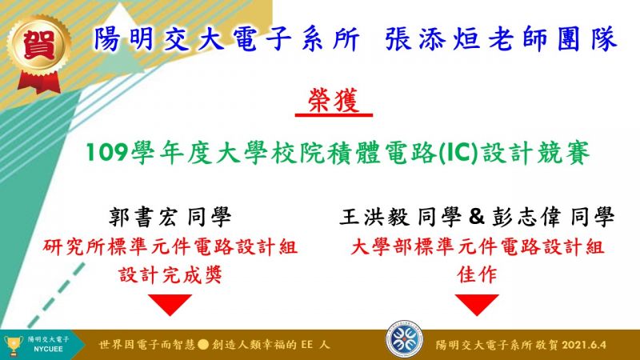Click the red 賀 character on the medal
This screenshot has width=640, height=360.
click(38, 45)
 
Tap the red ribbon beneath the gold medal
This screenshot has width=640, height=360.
click(39, 82)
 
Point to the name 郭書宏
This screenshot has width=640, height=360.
click(143, 217)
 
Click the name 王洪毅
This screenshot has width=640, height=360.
click(374, 217)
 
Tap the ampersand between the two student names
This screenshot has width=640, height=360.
click(476, 217)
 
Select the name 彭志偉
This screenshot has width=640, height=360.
click(526, 217)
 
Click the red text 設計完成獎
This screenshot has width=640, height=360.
click(170, 274)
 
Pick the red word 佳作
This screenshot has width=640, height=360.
click(477, 274)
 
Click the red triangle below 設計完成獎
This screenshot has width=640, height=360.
click(170, 304)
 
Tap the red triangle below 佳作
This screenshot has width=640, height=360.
click(477, 304)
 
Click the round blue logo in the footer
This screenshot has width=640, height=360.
click(405, 339)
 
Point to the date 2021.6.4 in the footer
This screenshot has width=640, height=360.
click(584, 345)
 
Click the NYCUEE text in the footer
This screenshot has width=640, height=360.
click(48, 350)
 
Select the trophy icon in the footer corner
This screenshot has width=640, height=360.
click(13, 345)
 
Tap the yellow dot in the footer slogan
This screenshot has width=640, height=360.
click(203, 345)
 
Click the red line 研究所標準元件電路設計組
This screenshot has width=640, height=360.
click(170, 247)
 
